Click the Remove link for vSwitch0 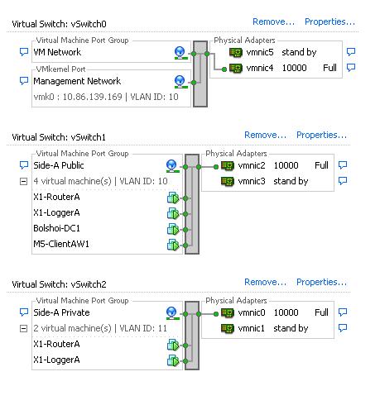point(273,21)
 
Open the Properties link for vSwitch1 point(321,135)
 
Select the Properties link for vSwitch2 point(321,282)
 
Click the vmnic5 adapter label point(260,52)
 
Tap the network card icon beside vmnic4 point(236,68)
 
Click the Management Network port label point(77,81)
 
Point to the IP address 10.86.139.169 point(92,97)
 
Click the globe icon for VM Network point(180,53)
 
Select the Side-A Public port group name point(59,165)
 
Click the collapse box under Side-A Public point(24,182)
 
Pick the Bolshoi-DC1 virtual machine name point(56,228)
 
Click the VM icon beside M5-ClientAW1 point(173,245)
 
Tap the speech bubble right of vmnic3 point(343,181)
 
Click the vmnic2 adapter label point(252,165)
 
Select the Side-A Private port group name point(61,312)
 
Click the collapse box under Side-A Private point(24,329)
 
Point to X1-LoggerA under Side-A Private point(56,360)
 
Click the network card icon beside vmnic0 point(228,312)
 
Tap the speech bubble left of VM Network point(24,52)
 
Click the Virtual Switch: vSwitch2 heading point(59,284)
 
